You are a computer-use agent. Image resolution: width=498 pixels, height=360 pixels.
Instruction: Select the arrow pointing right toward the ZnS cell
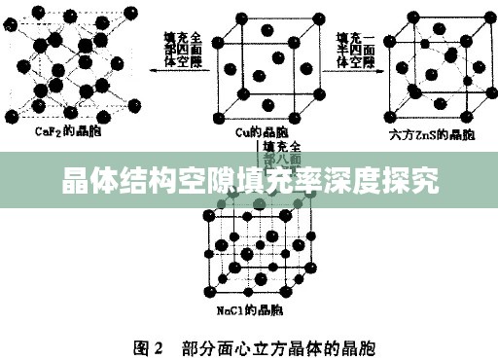coord(369,70)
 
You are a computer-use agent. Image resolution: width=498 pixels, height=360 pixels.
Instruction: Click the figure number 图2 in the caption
coord(145,344)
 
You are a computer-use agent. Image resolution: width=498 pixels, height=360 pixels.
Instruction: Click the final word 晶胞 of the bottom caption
coord(360,344)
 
